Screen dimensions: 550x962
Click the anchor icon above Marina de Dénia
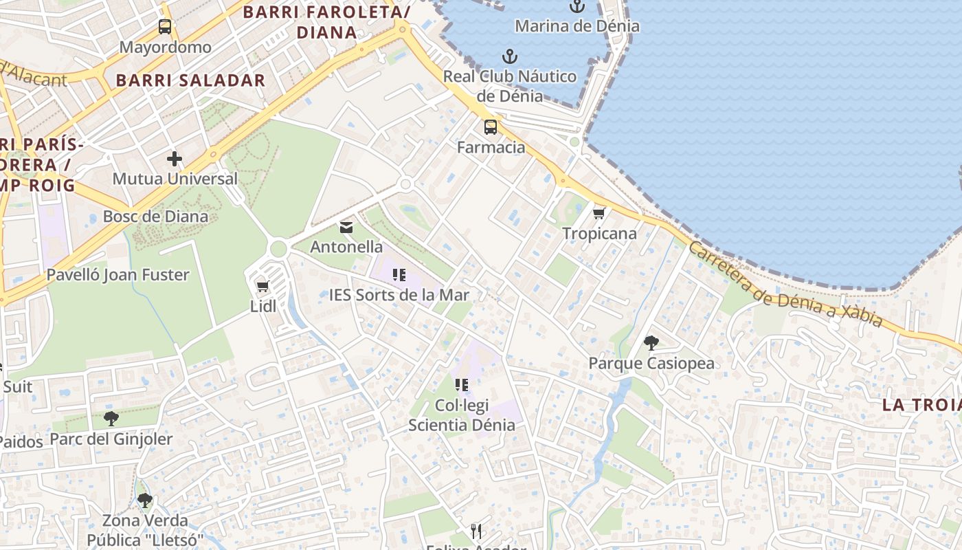pos(577,7)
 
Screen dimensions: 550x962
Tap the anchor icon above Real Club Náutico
pos(509,56)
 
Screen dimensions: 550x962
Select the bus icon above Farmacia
pos(491,127)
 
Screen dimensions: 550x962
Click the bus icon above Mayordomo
pos(165,27)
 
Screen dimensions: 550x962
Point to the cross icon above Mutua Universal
pos(175,159)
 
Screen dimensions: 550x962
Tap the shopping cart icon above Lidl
pos(262,286)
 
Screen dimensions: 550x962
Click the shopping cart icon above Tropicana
pos(599,214)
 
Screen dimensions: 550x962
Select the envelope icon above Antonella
pos(346,227)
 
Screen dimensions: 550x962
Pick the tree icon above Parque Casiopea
pos(651,342)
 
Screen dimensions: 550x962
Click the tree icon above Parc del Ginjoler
pos(111,418)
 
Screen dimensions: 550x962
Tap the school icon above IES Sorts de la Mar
pos(399,276)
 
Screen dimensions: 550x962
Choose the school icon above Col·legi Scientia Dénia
pos(462,385)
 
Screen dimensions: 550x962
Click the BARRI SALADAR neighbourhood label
pos(190,80)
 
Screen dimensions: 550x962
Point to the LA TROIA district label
pos(921,405)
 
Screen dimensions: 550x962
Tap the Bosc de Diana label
pos(155,217)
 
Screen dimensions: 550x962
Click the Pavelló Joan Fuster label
pos(118,275)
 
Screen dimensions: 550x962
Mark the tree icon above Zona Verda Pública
pos(144,500)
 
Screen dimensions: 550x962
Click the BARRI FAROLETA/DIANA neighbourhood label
pos(327,22)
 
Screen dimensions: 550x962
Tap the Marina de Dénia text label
pos(577,26)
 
